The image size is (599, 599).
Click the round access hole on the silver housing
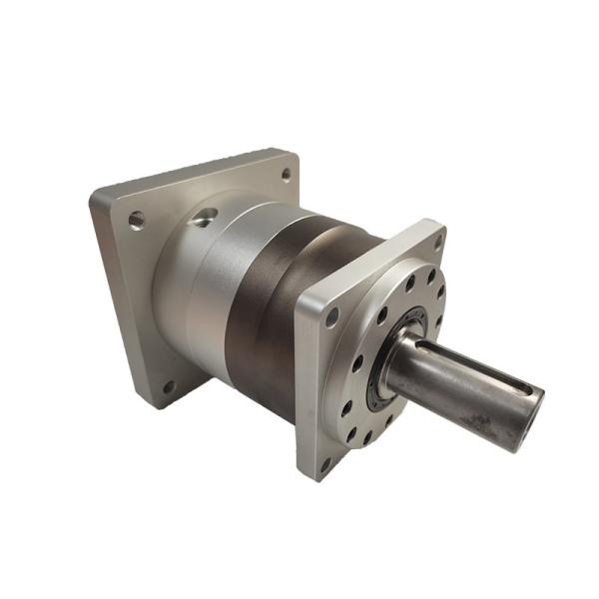[x=205, y=217]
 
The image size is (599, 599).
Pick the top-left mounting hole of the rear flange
[x=136, y=219]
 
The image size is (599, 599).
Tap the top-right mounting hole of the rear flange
[x=286, y=175]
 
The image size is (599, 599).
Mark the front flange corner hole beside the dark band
[x=331, y=317]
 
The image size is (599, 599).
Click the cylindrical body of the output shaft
[x=449, y=384]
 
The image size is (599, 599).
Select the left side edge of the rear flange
[x=112, y=299]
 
